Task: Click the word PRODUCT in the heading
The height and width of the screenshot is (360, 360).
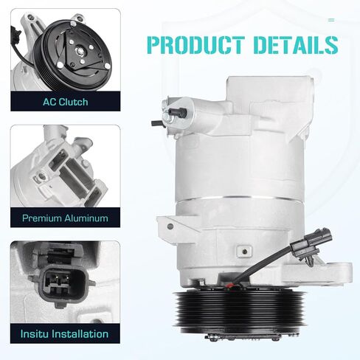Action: click(x=196, y=45)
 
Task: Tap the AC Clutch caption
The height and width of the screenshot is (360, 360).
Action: click(x=66, y=102)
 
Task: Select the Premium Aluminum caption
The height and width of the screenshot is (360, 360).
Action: click(x=65, y=218)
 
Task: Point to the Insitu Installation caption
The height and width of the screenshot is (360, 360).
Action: click(x=64, y=334)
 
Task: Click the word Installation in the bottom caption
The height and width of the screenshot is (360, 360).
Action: click(x=81, y=334)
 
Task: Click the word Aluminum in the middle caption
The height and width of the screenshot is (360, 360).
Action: click(x=86, y=218)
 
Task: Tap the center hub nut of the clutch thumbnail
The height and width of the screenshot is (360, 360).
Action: click(x=80, y=52)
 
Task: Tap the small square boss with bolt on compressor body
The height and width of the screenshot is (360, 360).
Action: click(x=244, y=251)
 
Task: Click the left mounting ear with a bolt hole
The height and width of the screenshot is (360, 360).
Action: click(x=169, y=226)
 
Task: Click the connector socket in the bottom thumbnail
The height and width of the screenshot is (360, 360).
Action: click(x=61, y=283)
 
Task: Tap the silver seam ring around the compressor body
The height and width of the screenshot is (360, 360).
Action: click(x=240, y=198)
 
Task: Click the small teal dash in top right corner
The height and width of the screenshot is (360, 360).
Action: click(x=331, y=20)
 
